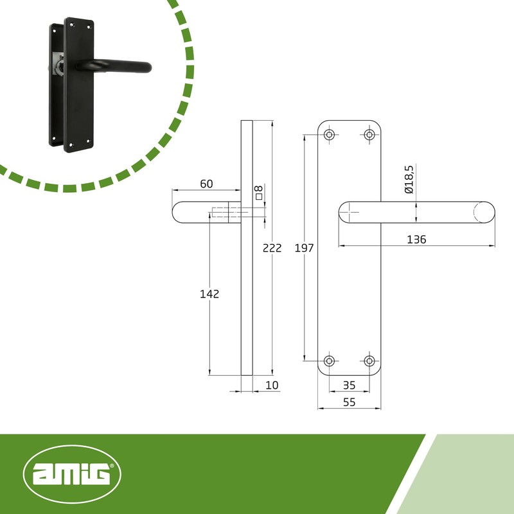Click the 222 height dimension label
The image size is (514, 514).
[272, 248]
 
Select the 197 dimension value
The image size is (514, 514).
[304, 248]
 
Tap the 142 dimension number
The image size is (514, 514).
[210, 294]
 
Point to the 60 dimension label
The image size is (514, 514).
[206, 184]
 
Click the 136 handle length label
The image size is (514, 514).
[416, 239]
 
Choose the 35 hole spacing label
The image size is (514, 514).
[350, 385]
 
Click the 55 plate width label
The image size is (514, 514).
[350, 402]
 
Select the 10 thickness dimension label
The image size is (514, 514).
[272, 385]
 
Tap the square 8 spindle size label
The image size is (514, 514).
[259, 192]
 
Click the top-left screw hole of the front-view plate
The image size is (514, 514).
[330, 134]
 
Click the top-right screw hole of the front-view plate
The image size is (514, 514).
[369, 134]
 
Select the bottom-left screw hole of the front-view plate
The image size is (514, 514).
[330, 361]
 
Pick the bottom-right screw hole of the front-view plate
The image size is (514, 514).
[369, 361]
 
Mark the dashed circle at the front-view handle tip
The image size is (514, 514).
[483, 212]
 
